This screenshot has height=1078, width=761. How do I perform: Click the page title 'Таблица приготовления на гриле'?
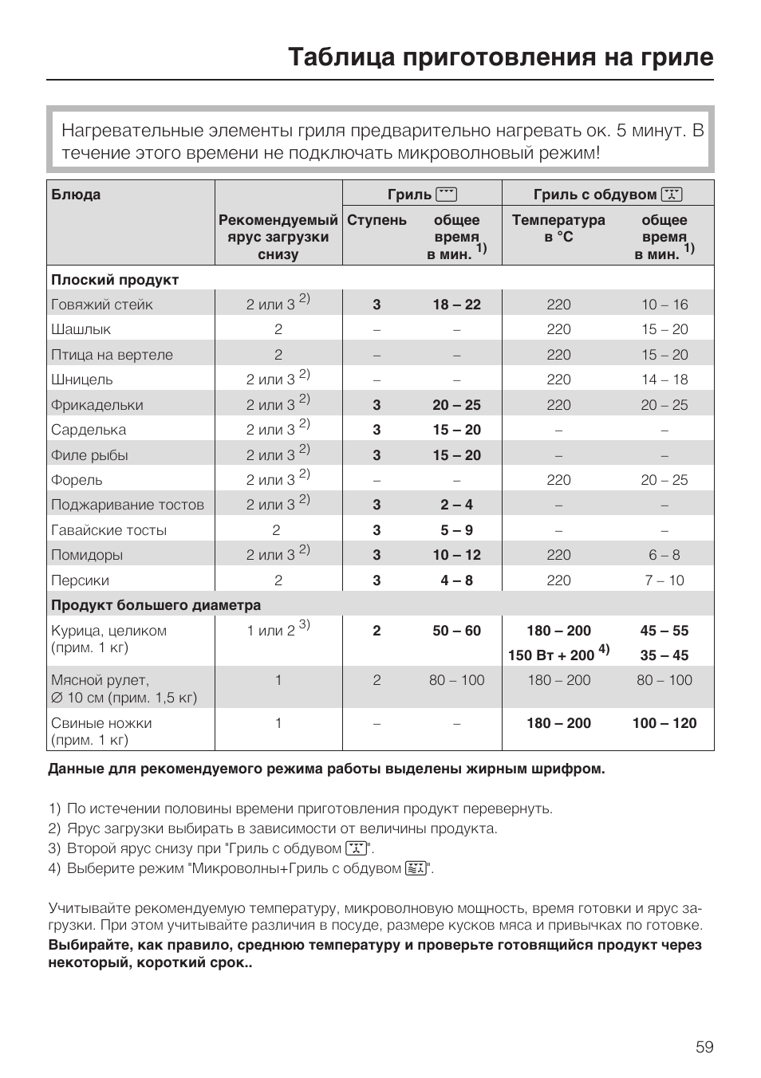tap(500, 57)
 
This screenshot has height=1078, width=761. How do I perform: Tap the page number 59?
tap(704, 1047)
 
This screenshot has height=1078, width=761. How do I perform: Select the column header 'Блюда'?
tap(76, 195)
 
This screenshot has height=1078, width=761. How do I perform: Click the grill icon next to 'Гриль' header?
tap(447, 194)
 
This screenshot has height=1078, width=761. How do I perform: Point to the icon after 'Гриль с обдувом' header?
tap(672, 194)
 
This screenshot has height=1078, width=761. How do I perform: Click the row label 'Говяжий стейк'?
tap(102, 305)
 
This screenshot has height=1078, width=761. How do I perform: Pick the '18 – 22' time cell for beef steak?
tap(456, 305)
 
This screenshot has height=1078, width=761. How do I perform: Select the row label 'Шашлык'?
tap(81, 329)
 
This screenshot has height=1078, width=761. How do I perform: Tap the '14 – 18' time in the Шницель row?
tap(664, 380)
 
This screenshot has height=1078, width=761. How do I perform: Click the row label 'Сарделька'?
tap(89, 430)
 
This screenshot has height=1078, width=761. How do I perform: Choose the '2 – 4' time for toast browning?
tap(456, 505)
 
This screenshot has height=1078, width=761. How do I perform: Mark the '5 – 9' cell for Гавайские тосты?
tap(456, 530)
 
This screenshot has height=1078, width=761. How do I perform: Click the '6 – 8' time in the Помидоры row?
tap(664, 555)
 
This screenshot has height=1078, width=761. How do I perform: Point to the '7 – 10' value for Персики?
tap(664, 580)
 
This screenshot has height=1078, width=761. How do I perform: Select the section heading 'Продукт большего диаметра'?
tap(156, 605)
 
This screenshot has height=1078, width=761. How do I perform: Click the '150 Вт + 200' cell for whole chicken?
tap(552, 655)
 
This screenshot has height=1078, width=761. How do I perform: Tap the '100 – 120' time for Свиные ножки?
tap(664, 723)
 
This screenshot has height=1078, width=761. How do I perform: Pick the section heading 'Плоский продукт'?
tap(115, 280)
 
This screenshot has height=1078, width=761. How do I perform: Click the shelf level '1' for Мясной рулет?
tap(278, 680)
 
